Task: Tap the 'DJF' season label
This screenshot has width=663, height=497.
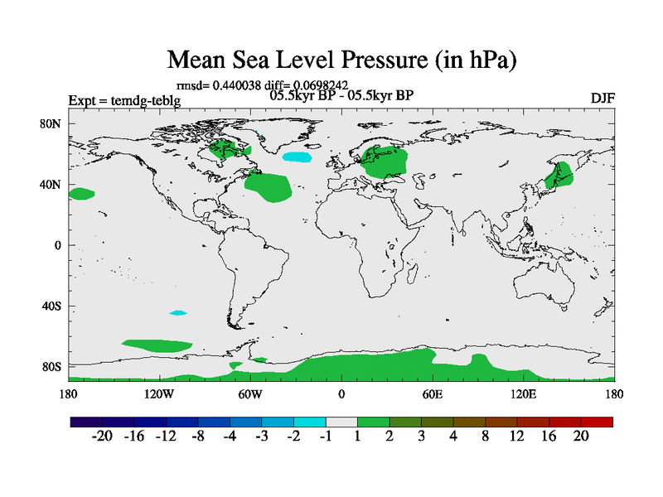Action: (603, 98)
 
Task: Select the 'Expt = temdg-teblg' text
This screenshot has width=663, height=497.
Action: (124, 101)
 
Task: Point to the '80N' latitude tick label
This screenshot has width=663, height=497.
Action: (51, 123)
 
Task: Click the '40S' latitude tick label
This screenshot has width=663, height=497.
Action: (51, 306)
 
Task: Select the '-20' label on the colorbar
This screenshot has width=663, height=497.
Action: (103, 437)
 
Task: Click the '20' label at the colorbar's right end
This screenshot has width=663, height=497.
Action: (580, 437)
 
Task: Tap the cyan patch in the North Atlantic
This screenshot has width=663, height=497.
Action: (298, 156)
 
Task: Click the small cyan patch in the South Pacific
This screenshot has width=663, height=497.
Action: (178, 312)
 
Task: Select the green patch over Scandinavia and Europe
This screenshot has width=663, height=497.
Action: (385, 162)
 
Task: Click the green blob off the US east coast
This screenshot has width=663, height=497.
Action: (269, 187)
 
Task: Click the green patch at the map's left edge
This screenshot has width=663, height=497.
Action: (81, 194)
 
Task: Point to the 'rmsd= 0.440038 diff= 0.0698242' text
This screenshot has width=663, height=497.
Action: (262, 84)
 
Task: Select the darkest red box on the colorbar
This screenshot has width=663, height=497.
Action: (597, 422)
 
